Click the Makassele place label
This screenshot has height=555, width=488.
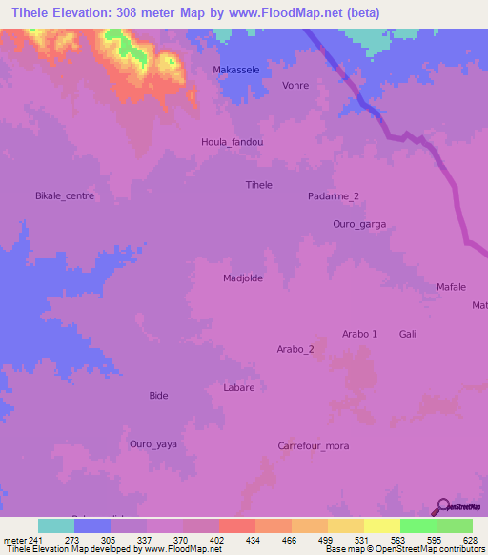coord(235,71)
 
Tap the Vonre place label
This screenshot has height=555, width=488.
coord(295,85)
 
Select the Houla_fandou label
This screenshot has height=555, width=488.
coord(232,142)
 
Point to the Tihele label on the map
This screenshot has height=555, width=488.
coord(259,185)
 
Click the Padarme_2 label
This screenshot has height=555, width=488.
coord(334,196)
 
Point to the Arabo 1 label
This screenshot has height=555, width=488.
coord(360,333)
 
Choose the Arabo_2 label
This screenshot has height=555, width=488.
coord(295,349)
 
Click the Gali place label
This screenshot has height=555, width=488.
coord(408,333)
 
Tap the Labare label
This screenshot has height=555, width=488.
coord(238,387)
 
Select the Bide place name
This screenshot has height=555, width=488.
coord(159,395)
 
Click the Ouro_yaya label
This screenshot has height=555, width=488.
coord(153,443)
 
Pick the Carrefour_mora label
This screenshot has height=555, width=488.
coord(314,445)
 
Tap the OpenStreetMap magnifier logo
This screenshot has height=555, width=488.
coord(443,506)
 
